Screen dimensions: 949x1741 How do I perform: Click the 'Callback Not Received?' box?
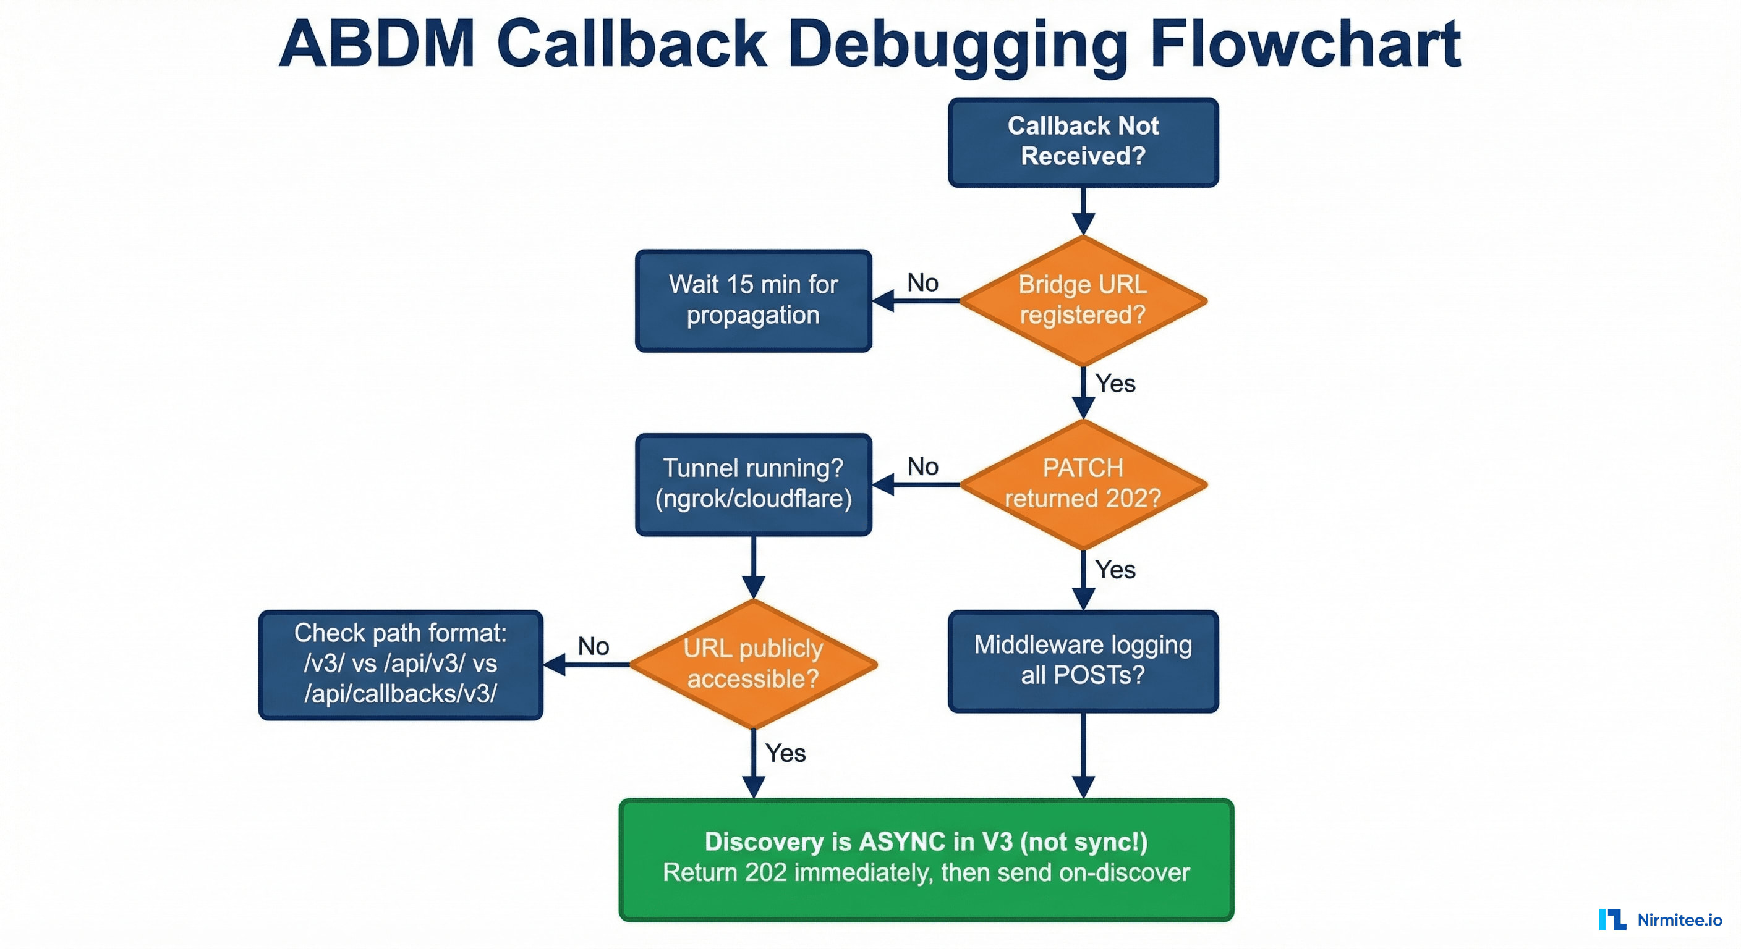1083,142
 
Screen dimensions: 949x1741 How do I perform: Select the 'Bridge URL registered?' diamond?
1083,300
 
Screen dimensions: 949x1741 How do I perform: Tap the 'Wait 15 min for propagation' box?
753,300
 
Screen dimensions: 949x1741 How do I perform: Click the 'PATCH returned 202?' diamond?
1083,484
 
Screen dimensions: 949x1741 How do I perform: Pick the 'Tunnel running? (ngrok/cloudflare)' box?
753,484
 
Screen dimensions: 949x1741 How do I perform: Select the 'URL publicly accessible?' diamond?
753,664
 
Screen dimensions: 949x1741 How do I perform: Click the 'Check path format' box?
401,664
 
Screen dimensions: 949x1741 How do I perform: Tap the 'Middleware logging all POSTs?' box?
1083,660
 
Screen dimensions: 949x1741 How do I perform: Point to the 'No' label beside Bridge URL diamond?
922,283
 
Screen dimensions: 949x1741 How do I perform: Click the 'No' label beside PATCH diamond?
922,466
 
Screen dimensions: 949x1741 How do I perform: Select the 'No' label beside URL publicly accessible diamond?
594,646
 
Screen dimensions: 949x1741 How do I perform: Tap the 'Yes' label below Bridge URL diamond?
1115,384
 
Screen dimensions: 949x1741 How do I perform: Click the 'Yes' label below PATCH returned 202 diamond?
1115,570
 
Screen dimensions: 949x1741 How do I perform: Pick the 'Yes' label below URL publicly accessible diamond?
785,753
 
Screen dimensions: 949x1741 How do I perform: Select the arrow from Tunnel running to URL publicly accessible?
753,567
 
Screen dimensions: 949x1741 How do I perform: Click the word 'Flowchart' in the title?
1305,44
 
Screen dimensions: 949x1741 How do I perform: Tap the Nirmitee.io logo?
1660,919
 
